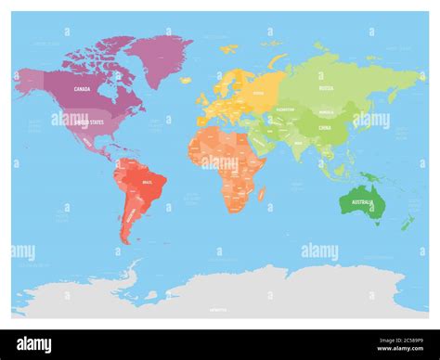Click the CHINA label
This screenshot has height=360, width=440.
coord(324,128)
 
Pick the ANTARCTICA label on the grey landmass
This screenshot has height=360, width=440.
coord(218,309)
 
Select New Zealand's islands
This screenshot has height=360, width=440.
coord(409,222)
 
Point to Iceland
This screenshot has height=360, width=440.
coord(185,79)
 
